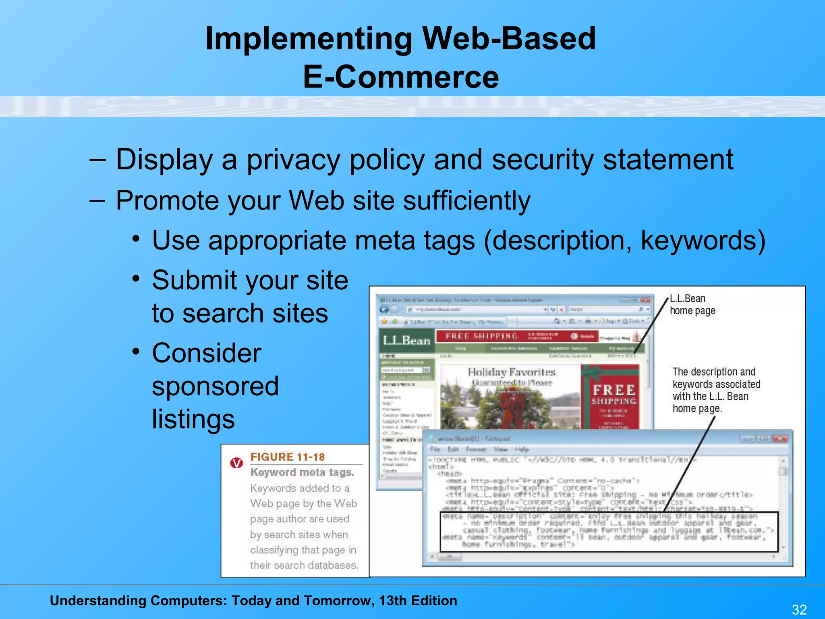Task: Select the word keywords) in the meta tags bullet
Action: coord(703,241)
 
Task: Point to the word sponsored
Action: coord(215,386)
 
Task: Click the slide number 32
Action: coord(799,609)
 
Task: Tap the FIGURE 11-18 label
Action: coord(287,457)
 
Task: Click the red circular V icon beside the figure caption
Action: coord(236,463)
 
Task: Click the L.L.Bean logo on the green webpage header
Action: coord(406,341)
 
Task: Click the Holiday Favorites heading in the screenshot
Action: coord(511,372)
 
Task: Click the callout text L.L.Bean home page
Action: coord(692,305)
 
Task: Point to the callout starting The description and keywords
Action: coord(716,390)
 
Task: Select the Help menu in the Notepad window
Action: coord(521,449)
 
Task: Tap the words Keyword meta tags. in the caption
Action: coord(302,472)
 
